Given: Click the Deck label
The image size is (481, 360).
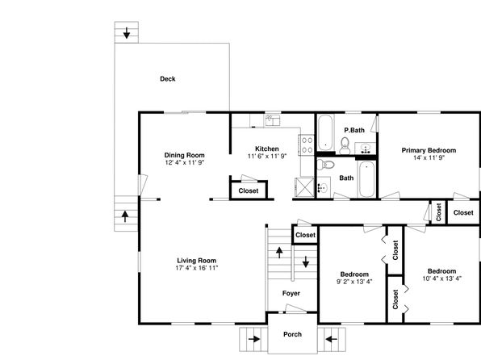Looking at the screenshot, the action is coord(168,79).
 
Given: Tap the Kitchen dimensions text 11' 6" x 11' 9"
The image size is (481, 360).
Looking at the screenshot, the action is coord(267,157).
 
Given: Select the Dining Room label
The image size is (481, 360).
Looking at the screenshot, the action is coord(184,155).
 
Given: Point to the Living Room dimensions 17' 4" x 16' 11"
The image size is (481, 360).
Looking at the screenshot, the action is coord(197,268).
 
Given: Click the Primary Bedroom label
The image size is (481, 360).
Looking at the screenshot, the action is coord(429,150).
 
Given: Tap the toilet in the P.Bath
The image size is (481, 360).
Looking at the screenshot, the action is coord(345,146).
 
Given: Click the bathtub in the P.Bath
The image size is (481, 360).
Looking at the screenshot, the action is coord(325,132).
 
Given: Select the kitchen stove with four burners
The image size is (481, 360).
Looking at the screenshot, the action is coord(307,145).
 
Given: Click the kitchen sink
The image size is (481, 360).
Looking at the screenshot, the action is coord(273,120).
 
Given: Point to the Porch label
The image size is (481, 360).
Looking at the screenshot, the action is coord(292,334).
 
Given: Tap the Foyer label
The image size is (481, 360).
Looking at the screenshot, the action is coord(291,293).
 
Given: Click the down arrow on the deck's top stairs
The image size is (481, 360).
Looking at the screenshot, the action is coord(127,33).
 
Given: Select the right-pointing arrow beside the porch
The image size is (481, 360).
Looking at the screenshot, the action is coord(254,339).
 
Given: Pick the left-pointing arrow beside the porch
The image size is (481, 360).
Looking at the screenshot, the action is coord(332,339).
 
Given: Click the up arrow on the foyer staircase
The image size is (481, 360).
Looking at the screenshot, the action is coord(279,253).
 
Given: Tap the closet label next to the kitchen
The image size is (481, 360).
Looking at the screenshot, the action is coord(249,190).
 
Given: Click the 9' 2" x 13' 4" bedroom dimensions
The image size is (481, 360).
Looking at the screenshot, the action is coord(354,282).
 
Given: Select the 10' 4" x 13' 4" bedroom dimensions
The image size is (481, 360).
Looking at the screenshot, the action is coord(441,278).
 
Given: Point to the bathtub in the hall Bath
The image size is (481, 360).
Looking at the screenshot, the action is coord(366,179).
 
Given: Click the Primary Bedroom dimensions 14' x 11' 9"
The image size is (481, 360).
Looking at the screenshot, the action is coord(429,157).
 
